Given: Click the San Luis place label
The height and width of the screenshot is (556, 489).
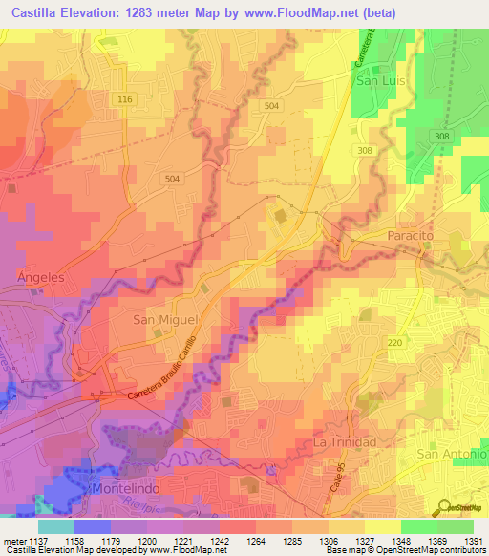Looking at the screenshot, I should click(381, 81).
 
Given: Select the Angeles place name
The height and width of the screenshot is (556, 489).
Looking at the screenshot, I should click(40, 276).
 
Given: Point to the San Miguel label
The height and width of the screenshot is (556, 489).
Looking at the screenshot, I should click(164, 320).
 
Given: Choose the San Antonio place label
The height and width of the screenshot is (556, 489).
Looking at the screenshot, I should click(452, 454).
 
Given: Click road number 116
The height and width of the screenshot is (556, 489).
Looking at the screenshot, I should click(124, 99).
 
